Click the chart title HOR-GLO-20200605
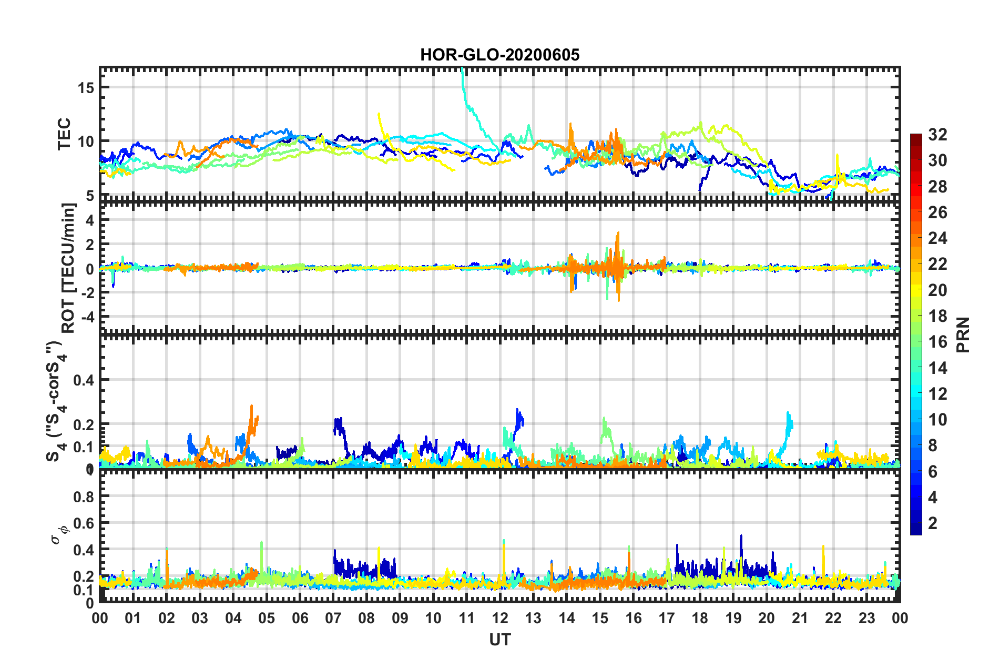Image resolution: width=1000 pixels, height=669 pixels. [499, 55]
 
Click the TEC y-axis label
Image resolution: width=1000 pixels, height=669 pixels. [64, 135]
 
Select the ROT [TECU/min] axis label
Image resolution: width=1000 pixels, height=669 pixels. [68, 268]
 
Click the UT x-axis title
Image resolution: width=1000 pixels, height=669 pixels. [499, 640]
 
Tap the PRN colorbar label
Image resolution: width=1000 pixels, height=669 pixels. [963, 334]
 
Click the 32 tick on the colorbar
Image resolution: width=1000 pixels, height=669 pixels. [937, 135]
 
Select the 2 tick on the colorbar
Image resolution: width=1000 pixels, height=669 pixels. [933, 523]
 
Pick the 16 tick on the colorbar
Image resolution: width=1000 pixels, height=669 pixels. [937, 342]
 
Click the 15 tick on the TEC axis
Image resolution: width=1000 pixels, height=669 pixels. [86, 88]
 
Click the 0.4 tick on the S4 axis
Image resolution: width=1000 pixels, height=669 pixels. [84, 380]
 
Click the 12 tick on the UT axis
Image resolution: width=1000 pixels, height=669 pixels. [500, 618]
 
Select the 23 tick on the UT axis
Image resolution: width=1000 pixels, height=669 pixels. [866, 618]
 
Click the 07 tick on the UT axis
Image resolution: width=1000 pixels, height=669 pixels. [333, 618]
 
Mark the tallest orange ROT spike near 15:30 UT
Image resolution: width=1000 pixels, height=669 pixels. [618, 233]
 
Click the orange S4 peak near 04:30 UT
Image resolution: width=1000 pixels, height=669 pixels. [252, 406]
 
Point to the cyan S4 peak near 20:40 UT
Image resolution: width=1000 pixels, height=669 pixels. [788, 413]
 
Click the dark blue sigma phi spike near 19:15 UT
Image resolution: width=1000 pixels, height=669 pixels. [741, 536]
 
